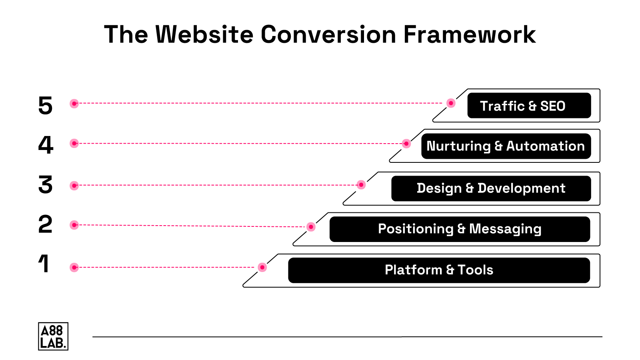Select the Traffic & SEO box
click(529, 106)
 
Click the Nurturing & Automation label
click(506, 146)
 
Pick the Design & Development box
click(491, 188)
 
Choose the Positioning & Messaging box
click(460, 229)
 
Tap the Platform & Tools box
click(439, 270)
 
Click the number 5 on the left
click(45, 106)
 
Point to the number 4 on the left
click(46, 145)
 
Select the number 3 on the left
click(45, 185)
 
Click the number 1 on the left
click(44, 264)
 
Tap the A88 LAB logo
click(53, 336)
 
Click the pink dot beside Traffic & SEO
click(451, 103)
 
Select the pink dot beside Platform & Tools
click(262, 267)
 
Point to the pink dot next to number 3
click(74, 186)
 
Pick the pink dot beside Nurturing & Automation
click(406, 144)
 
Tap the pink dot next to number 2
click(74, 225)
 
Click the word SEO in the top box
click(552, 106)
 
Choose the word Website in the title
click(204, 34)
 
